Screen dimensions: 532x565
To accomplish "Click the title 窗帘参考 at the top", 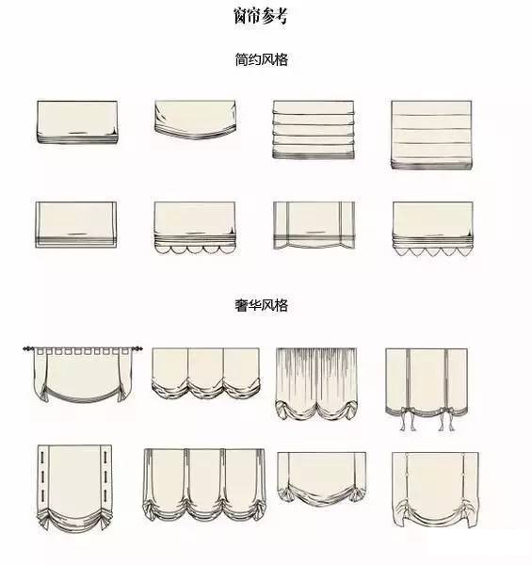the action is click(x=261, y=16).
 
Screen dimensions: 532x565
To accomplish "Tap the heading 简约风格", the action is click(x=261, y=59).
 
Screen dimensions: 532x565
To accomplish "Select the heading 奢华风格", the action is click(x=261, y=305).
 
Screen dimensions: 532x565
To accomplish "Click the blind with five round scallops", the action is click(x=195, y=228).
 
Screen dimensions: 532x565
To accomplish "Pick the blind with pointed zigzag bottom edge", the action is click(x=432, y=229).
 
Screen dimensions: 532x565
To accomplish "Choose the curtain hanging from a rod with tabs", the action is click(x=83, y=374).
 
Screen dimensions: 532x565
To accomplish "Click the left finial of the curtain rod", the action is click(x=27, y=348).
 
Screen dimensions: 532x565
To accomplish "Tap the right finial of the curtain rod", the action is click(x=138, y=348).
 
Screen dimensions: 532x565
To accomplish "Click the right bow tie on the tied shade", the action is click(x=443, y=418).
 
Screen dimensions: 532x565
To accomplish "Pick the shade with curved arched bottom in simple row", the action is click(x=195, y=120).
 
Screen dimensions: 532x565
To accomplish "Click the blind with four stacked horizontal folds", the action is click(x=314, y=130).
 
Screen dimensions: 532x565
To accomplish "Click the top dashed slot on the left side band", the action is click(x=42, y=457).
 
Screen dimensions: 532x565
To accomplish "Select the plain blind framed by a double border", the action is click(x=75, y=225).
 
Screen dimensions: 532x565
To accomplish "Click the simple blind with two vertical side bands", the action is click(x=314, y=225).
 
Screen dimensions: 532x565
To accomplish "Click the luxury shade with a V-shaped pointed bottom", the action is click(x=322, y=478).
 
